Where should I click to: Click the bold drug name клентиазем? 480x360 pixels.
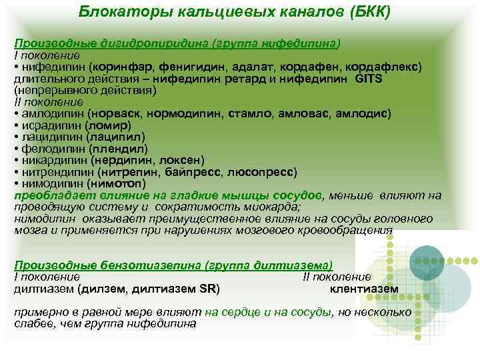(364, 289)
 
